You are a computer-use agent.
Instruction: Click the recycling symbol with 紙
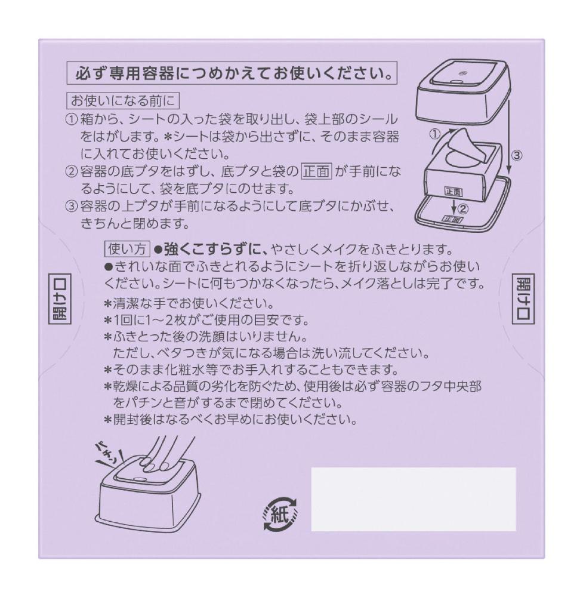pyautogui.click(x=280, y=513)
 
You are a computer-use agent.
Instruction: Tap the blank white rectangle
pyautogui.click(x=414, y=499)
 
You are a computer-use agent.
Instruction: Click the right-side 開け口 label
pyautogui.click(x=523, y=299)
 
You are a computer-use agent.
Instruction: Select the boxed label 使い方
pyautogui.click(x=127, y=249)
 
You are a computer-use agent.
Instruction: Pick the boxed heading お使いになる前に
pyautogui.click(x=123, y=101)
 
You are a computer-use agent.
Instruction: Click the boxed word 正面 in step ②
pyautogui.click(x=317, y=171)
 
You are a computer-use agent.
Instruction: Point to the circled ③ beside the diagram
pyautogui.click(x=516, y=155)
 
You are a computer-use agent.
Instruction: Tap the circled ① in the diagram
pyautogui.click(x=434, y=134)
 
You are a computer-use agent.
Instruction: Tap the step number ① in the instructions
pyautogui.click(x=72, y=119)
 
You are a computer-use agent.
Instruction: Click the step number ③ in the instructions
pyautogui.click(x=72, y=207)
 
